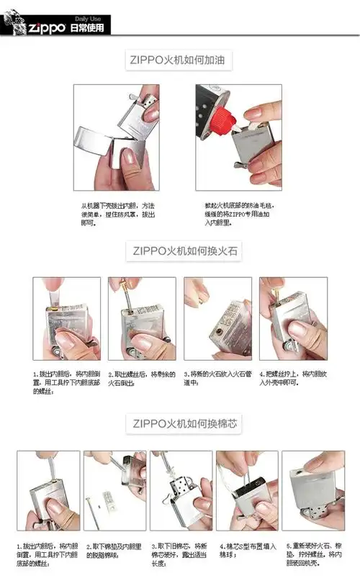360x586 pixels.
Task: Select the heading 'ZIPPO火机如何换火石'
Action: click(x=182, y=251)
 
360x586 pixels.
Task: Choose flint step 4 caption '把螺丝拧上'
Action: click(x=292, y=379)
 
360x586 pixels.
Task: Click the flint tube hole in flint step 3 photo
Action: click(x=217, y=330)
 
